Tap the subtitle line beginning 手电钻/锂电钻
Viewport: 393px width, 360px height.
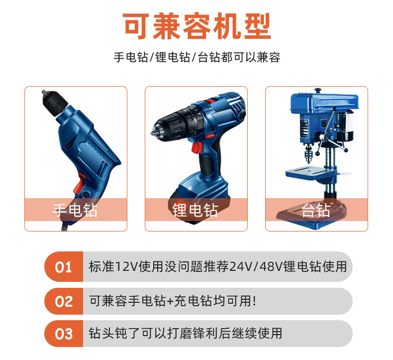pyautogui.click(x=196, y=57)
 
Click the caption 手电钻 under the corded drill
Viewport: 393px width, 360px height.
pyautogui.click(x=75, y=210)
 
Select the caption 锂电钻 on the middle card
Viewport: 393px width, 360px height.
pyautogui.click(x=195, y=210)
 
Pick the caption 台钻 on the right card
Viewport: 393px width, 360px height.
pyautogui.click(x=316, y=210)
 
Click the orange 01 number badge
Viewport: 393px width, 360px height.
pyautogui.click(x=63, y=267)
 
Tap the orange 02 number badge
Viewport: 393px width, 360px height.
pyautogui.click(x=63, y=301)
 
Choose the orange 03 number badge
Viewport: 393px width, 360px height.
pyautogui.click(x=63, y=334)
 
